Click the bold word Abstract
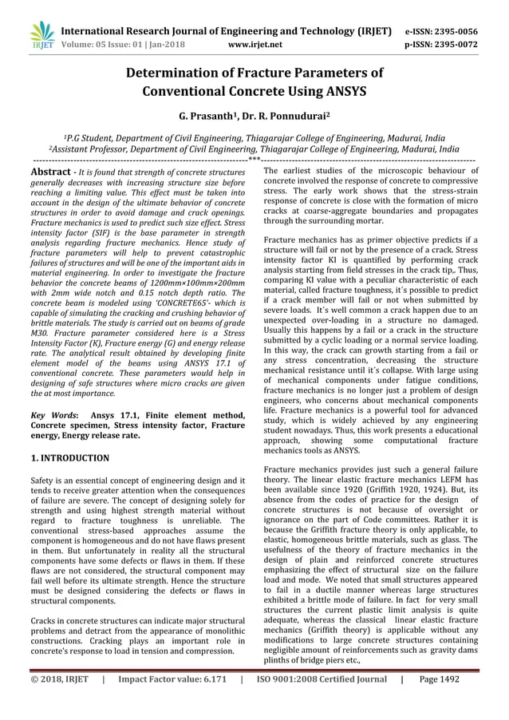click(52, 172)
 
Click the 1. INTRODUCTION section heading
click(69, 458)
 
